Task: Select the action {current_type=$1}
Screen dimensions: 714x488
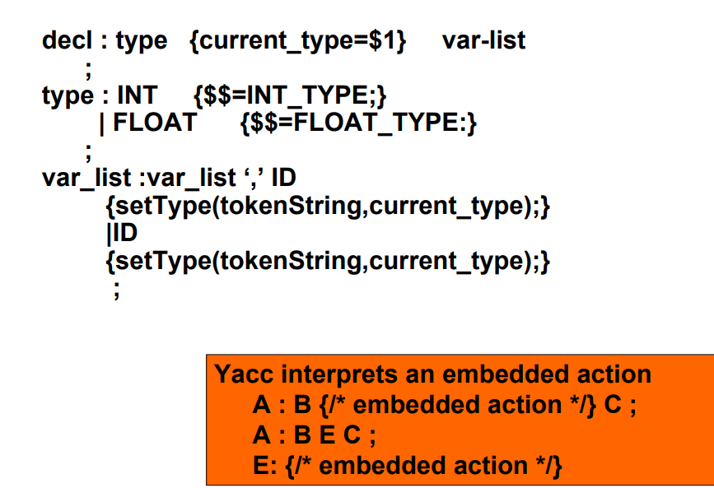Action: (x=297, y=41)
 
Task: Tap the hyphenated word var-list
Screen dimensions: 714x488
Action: (x=483, y=40)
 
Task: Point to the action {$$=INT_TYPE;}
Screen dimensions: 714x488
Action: (x=290, y=96)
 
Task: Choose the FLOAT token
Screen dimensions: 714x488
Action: (x=155, y=123)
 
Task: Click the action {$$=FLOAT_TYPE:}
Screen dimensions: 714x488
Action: (x=359, y=123)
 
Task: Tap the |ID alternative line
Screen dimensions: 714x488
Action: (x=122, y=233)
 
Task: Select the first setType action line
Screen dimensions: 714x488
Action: (x=328, y=206)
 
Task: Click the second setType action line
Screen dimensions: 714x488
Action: (x=328, y=262)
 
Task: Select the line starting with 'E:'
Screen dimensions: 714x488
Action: (x=408, y=466)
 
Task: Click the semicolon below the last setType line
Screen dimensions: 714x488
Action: (x=116, y=290)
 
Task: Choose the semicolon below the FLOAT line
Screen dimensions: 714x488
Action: (x=88, y=151)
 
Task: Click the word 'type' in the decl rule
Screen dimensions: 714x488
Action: (x=141, y=40)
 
